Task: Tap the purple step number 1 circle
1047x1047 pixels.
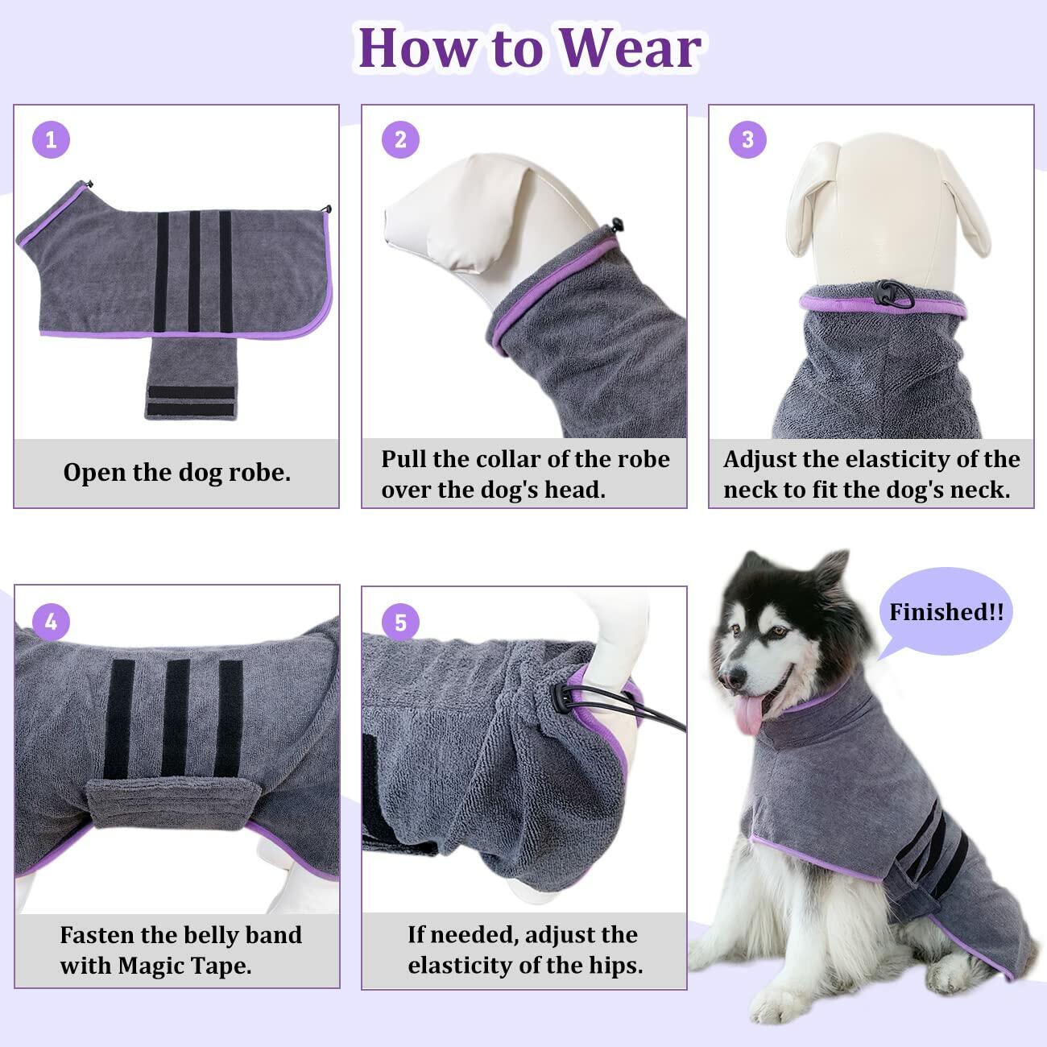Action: coord(52,140)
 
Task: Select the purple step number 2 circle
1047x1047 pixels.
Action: coord(400,140)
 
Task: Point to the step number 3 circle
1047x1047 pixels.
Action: coord(747,139)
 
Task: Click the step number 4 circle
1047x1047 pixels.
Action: coord(52,622)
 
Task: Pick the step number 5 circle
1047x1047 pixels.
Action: coord(400,622)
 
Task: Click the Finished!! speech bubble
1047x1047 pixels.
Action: coord(945,612)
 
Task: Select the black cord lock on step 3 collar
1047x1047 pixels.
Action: coord(891,292)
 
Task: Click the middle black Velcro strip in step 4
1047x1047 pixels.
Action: coord(177,718)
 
